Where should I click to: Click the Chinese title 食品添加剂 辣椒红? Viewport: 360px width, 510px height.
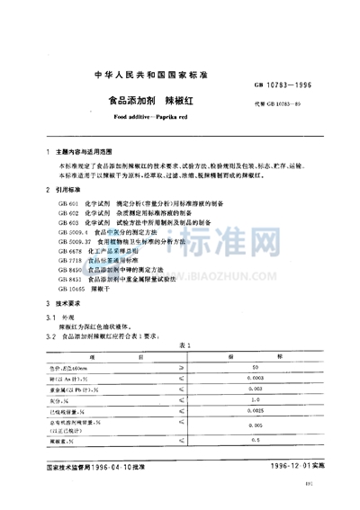(x=180, y=102)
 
